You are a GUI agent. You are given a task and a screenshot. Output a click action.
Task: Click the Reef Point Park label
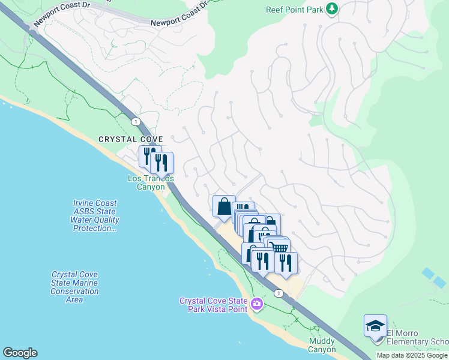(x=294, y=10)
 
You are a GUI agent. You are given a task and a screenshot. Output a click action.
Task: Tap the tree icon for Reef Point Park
(x=331, y=9)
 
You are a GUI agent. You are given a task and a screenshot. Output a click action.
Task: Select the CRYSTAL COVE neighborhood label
(x=131, y=139)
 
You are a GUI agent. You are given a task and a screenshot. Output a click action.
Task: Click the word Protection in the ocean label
(x=95, y=229)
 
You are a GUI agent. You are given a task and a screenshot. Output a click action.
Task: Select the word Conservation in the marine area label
(x=75, y=291)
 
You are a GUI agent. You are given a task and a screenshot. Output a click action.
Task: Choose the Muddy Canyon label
(x=322, y=345)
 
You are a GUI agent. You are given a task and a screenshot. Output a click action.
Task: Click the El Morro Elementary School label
(x=417, y=338)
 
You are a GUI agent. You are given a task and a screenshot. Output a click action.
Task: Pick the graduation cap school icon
(x=375, y=326)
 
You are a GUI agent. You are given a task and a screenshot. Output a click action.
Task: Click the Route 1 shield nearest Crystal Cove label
(x=136, y=122)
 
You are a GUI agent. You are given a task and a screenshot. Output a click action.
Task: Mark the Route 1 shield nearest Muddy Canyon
(x=279, y=293)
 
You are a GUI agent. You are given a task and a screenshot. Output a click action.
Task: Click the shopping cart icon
(x=280, y=248)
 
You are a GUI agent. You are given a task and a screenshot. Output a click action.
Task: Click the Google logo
(x=20, y=353)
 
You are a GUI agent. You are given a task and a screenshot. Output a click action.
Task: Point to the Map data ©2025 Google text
(x=412, y=355)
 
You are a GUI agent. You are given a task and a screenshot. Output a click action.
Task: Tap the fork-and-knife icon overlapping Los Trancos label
(x=161, y=163)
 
